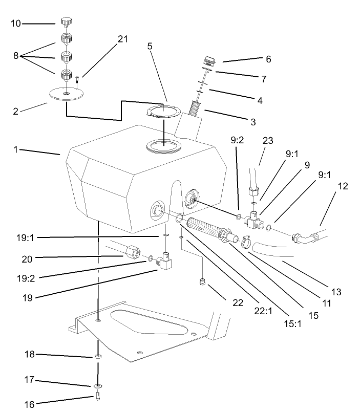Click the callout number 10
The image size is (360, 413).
pos(16,23)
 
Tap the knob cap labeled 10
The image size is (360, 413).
pos(66,21)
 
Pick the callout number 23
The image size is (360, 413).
pos(269,142)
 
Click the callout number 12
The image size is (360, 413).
pos(343,186)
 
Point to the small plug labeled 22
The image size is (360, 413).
pos(202,282)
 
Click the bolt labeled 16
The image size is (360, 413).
pos(97,397)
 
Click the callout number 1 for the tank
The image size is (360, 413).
pos(16,149)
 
